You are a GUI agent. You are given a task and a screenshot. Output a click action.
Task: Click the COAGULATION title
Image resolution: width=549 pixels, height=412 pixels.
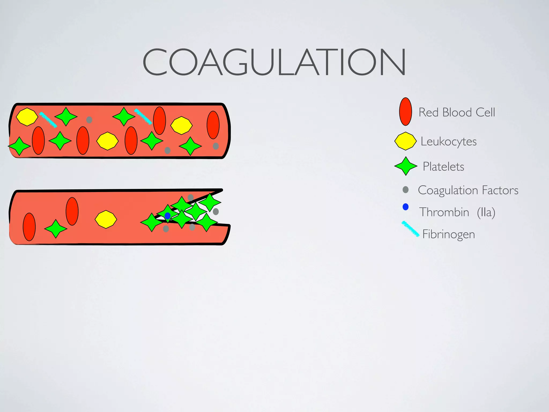pos(274,62)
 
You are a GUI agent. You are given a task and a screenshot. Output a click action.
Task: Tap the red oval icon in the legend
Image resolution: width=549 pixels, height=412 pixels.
pos(405,112)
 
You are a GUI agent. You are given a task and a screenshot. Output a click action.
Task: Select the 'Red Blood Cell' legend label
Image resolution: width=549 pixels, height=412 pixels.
pos(457,112)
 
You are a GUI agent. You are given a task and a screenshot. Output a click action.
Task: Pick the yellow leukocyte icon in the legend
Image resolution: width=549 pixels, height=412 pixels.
pos(405,141)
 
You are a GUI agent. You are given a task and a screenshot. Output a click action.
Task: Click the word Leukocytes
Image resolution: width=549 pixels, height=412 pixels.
pos(448,141)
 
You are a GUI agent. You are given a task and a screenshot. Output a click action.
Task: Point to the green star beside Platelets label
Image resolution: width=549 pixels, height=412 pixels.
pos(406,166)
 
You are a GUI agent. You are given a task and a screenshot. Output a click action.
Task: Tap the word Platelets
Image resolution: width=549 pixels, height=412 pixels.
pos(443,167)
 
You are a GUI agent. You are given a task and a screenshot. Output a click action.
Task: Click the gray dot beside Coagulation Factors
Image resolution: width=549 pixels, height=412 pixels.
pos(406,190)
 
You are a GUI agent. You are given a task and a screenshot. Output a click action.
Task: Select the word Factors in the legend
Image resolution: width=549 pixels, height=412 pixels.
pos(500,190)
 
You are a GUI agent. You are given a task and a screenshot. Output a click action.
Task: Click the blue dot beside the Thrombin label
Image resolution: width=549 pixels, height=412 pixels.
pos(406,207)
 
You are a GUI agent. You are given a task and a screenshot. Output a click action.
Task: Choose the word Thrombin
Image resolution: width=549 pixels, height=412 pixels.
pos(444,212)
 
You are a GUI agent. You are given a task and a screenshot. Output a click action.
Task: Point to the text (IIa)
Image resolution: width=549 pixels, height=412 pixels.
pos(486,212)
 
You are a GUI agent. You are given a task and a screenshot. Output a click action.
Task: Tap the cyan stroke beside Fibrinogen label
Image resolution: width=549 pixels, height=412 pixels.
pos(410,229)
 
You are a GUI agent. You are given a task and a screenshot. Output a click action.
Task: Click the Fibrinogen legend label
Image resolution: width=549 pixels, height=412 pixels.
pos(448,234)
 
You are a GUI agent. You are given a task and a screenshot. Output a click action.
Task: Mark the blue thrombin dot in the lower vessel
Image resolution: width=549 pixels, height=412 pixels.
pos(168,216)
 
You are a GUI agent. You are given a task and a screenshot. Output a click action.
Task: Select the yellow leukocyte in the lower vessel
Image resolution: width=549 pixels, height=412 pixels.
pos(106,219)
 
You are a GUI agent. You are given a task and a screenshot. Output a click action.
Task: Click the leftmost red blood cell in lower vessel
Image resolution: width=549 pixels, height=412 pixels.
pos(29,227)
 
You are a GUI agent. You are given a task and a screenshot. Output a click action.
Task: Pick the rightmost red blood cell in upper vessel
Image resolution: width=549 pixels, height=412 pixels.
pos(213,125)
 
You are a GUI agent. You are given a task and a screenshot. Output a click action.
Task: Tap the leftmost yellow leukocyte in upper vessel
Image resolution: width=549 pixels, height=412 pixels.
pos(27,117)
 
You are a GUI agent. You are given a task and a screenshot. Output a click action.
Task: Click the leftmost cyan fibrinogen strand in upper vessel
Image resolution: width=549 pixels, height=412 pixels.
pos(48,120)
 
